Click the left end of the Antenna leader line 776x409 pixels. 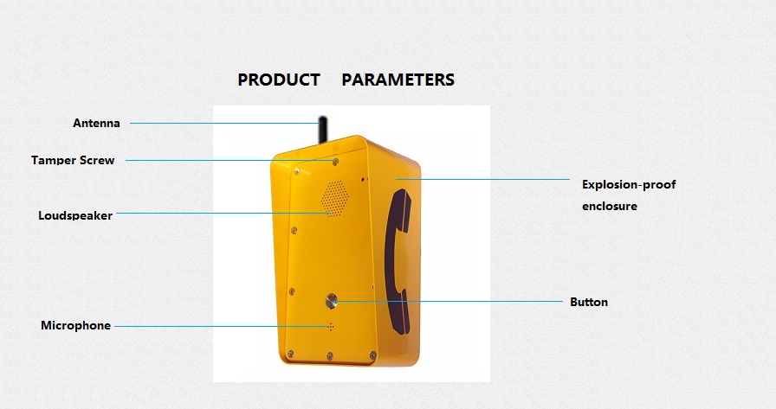click(130, 123)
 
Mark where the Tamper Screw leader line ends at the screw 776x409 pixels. click(335, 161)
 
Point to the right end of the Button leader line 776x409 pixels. click(563, 301)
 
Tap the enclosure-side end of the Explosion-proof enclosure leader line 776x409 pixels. click(396, 179)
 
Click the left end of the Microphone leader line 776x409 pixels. click(114, 326)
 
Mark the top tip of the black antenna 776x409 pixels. click(323, 117)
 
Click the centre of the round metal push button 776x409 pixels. click(331, 300)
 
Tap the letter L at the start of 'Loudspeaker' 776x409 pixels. click(41, 215)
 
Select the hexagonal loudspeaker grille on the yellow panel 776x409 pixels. click(334, 198)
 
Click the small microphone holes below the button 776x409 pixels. click(331, 327)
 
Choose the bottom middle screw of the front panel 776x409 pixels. click(330, 355)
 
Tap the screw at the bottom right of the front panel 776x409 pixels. click(372, 355)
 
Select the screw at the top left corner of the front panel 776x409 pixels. click(297, 171)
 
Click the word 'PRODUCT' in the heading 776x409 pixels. click(279, 80)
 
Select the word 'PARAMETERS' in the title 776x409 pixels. click(398, 80)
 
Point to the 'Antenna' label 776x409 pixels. click(96, 123)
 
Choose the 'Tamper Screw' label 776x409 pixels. click(73, 160)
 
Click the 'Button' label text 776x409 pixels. click(589, 302)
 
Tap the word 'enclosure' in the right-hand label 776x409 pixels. click(610, 206)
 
